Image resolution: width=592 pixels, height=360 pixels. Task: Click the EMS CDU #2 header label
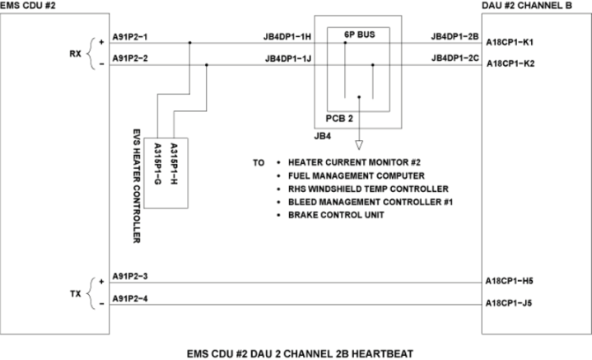pyautogui.click(x=28, y=6)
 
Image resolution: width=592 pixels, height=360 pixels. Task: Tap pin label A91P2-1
pyautogui.click(x=131, y=37)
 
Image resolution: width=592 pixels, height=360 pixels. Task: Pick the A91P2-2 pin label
pyautogui.click(x=131, y=59)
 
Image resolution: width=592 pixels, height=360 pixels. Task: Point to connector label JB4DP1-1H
pyautogui.click(x=289, y=37)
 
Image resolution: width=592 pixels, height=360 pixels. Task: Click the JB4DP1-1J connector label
pyautogui.click(x=289, y=59)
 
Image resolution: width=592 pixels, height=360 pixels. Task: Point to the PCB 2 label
pyautogui.click(x=361, y=118)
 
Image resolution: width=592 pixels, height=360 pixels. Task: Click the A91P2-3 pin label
pyautogui.click(x=131, y=276)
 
